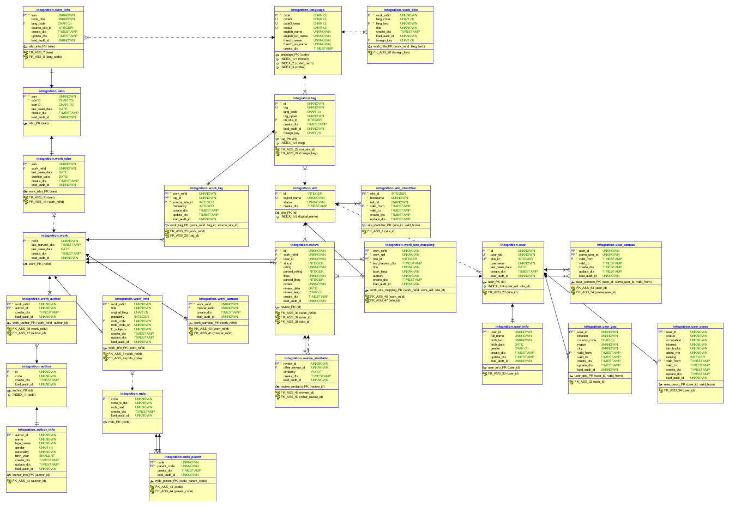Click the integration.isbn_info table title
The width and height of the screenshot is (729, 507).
pos(53,10)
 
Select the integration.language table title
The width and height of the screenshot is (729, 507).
pos(308,10)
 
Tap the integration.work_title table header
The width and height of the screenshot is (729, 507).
pos(400,10)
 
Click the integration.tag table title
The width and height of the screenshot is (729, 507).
pos(304,98)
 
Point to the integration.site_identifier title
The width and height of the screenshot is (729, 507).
pos(396,188)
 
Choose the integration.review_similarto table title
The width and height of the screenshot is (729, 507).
pos(306,358)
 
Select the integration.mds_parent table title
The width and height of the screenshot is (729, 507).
pos(182,457)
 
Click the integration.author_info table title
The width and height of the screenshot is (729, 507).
pos(37,430)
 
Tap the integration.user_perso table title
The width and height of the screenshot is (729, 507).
pos(690,327)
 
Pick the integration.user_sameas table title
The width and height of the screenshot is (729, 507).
pos(616,245)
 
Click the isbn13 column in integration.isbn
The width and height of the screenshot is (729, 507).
pos(36,100)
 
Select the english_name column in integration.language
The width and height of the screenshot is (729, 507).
pos(293,32)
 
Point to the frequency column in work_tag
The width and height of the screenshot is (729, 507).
pos(180,206)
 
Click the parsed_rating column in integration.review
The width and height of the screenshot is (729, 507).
pos(293,271)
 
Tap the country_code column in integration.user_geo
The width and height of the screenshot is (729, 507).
pos(587,340)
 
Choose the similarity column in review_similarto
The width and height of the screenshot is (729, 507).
pos(290,372)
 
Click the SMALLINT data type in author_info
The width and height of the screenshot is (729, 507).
pos(47,456)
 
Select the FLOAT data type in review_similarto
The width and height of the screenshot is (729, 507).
pos(317,372)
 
